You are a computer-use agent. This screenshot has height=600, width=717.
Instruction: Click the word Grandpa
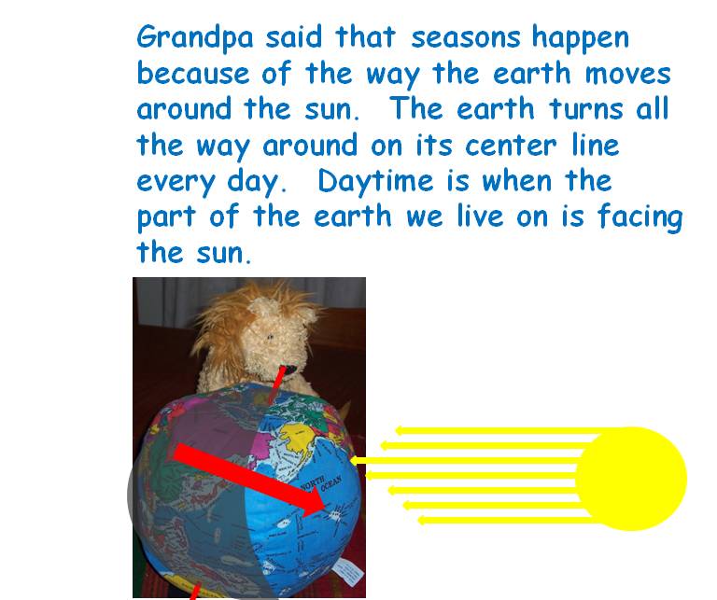tap(195, 37)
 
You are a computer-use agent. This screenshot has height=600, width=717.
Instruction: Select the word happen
tap(581, 37)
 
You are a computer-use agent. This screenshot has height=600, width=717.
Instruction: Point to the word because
tap(193, 73)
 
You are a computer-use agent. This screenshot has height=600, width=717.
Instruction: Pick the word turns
tap(586, 109)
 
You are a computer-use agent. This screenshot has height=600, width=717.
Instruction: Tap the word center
tap(511, 146)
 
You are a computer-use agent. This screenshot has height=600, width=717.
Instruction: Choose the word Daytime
tap(375, 181)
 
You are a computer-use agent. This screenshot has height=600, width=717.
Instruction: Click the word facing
tap(640, 217)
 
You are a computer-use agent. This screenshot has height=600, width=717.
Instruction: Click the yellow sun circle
tap(631, 479)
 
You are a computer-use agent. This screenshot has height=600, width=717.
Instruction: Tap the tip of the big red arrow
tap(325, 507)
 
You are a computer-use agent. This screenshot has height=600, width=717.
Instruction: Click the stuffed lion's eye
tap(270, 337)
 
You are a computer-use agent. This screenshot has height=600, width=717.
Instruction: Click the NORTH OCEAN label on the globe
tap(321, 483)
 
